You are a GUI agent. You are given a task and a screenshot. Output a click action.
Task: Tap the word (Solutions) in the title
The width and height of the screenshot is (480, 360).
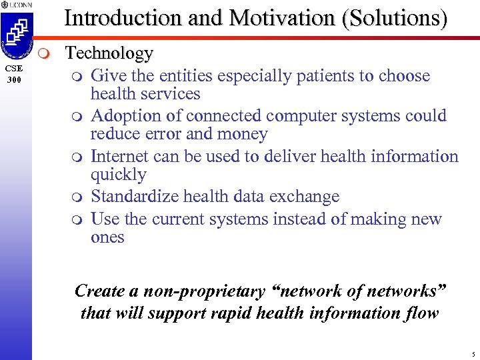(x=394, y=18)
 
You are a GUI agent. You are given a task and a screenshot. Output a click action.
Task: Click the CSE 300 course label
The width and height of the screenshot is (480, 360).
(x=15, y=74)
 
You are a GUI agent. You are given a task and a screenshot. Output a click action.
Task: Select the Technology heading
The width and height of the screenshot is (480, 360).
(x=109, y=53)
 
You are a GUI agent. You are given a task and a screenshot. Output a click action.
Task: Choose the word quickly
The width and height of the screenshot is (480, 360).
(x=118, y=175)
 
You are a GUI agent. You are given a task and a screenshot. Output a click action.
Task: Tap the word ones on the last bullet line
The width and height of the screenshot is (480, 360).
(x=107, y=237)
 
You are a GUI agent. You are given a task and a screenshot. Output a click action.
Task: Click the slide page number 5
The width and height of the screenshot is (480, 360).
(x=472, y=353)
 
